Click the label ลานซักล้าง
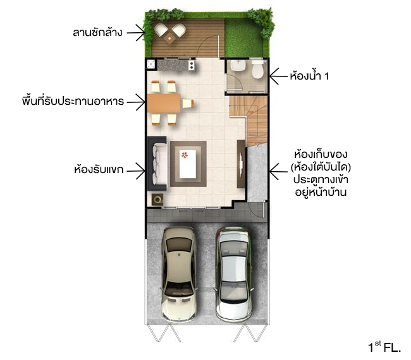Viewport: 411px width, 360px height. coord(97,33)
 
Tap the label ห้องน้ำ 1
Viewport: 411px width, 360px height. coord(309,76)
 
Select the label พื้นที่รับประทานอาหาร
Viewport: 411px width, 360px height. coord(73,101)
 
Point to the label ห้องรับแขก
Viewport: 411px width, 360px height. coord(99,170)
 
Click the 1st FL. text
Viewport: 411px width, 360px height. coord(385,347)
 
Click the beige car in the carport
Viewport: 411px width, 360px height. coord(179,274)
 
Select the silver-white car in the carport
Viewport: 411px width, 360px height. coord(234,274)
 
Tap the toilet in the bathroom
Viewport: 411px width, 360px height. coord(257,69)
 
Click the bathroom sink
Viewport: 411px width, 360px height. coord(238,65)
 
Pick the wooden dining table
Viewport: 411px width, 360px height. coord(164,104)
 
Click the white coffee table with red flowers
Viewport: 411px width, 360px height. coord(188,164)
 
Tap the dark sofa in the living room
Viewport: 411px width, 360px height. coord(157,164)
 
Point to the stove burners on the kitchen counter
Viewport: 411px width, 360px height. coord(192,65)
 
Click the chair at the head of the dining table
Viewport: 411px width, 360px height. coord(188,104)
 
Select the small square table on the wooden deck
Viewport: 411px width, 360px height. coord(169,39)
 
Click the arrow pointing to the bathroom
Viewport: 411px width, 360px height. coord(279,76)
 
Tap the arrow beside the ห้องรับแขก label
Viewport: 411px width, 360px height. coord(136,171)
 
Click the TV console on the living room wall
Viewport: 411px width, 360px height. coord(241,164)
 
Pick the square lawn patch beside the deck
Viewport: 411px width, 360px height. coord(243,37)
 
